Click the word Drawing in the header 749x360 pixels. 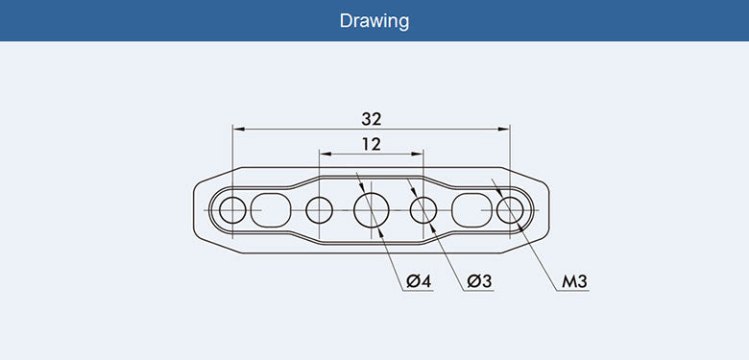pos(374,21)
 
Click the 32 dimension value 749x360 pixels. pos(372,119)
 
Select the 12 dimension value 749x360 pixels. pos(372,144)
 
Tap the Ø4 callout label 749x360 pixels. pos(419,281)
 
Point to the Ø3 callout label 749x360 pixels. pos(479,281)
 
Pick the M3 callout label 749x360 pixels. pos(574,281)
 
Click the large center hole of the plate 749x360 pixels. pos(372,210)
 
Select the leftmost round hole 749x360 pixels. pos(232,210)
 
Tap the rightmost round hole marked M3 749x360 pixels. pos(510,210)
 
